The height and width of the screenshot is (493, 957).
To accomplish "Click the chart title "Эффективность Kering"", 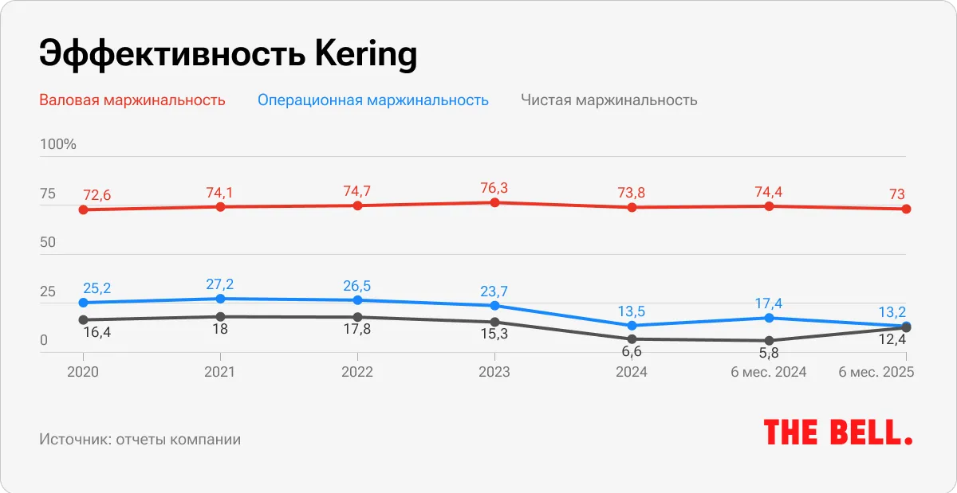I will pos(228,56).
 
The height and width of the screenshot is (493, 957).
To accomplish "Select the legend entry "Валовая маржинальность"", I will pos(132,100).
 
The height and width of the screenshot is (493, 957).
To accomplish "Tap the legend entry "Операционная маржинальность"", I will pos(372,100).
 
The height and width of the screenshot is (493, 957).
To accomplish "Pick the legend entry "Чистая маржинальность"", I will pos(609,100).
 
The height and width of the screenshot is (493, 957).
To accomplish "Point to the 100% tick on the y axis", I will pos(58,144).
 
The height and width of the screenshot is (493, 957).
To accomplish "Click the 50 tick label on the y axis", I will pos(48,242).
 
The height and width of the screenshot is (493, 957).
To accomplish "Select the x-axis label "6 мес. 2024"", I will pos(769,372).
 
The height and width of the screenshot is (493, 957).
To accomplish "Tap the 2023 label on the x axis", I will pos(494,372).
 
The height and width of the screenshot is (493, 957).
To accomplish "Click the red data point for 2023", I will pos(494,203).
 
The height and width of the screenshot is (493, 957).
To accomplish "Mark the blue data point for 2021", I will pos(221,299).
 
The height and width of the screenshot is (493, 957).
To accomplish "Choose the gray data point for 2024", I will pos(632,339).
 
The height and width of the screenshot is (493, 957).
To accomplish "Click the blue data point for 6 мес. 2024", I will pos(769,318).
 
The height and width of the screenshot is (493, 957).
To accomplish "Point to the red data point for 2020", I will pos(83,209).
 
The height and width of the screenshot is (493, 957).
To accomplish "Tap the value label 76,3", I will pos(494,188).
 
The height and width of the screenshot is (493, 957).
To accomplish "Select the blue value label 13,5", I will pos(632,311).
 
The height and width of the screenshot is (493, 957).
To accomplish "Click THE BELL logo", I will pos(838,432).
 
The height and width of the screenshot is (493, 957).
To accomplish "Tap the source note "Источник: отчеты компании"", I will pos(140,440).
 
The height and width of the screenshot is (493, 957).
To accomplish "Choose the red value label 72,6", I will pos(96,195).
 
